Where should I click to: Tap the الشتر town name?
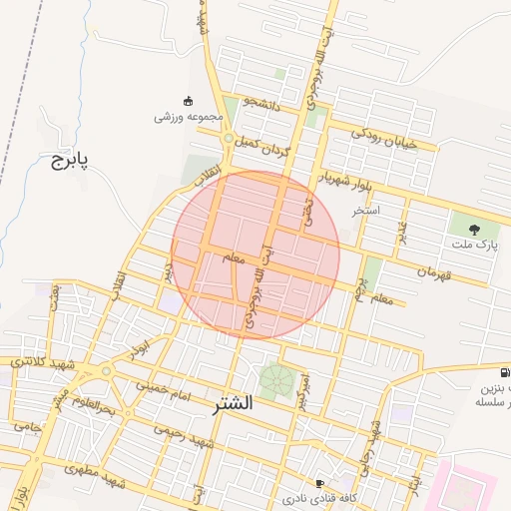(x=233, y=404)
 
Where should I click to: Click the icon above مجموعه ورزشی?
(x=188, y=100)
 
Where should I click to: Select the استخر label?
(x=365, y=212)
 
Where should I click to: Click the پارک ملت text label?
(x=473, y=244)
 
